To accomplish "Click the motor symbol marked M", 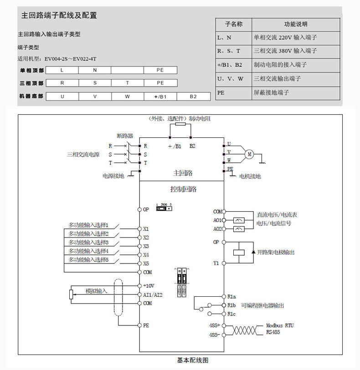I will (x=249, y=154).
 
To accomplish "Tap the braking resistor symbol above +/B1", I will (x=180, y=124).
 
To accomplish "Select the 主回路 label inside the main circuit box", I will (x=183, y=173).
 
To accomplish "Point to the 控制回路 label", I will (x=180, y=189).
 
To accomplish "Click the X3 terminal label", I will (x=146, y=246).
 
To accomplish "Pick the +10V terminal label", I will (x=149, y=286).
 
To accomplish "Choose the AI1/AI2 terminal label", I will (x=153, y=294).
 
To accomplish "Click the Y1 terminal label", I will (x=216, y=263).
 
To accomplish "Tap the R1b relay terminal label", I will (x=231, y=305).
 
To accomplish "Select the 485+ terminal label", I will (x=215, y=326).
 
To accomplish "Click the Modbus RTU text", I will (x=280, y=326).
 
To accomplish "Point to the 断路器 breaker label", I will (x=124, y=136).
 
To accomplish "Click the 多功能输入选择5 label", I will (x=88, y=259).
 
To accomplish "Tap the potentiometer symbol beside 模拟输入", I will (x=71, y=294).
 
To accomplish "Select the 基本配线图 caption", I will (x=193, y=360).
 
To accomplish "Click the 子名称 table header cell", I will (x=233, y=24).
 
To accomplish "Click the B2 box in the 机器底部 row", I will (x=193, y=97).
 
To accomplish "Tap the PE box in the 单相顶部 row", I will (x=160, y=70).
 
